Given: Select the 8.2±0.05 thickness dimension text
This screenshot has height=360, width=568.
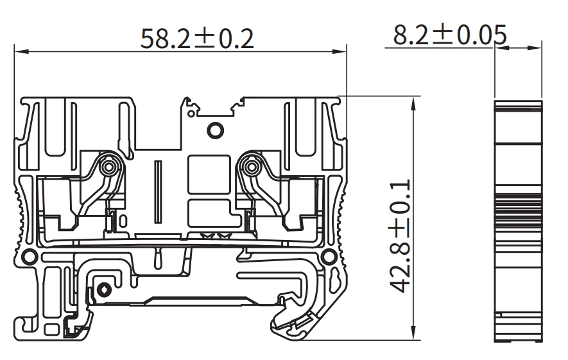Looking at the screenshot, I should point(450,35).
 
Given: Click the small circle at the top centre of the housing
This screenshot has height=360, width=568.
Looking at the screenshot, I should point(214,130).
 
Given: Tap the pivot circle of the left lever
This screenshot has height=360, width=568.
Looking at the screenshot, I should point(110,167).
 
